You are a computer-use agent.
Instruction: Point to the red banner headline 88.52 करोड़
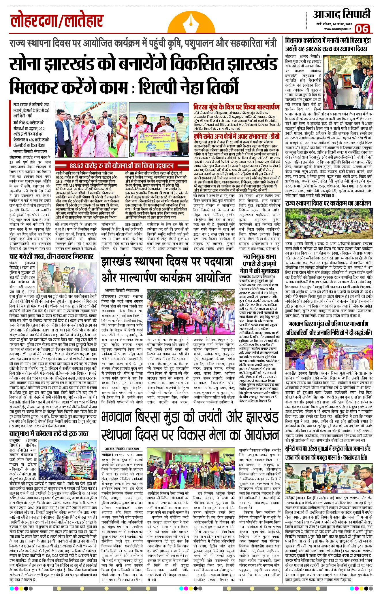pyautogui.click(x=121, y=166)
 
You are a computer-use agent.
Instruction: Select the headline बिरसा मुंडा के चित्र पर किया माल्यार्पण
pyautogui.click(x=236, y=107)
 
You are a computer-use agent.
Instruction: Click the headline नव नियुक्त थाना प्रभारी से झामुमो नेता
pyautogui.click(x=259, y=263)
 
